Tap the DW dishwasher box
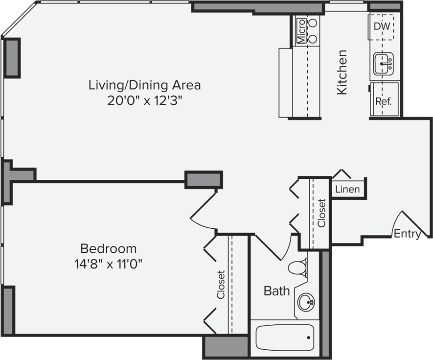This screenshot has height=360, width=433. pyautogui.click(x=382, y=26)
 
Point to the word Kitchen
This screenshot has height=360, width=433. pyautogui.click(x=342, y=72)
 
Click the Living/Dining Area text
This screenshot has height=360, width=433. pyautogui.click(x=144, y=85)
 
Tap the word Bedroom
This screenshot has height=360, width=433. pyautogui.click(x=108, y=248)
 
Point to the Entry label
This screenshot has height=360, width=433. pyautogui.click(x=407, y=234)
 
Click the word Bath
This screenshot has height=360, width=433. pyautogui.click(x=276, y=291)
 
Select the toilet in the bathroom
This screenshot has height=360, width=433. pyautogui.click(x=297, y=267)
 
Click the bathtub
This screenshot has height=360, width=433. pyautogui.click(x=284, y=337)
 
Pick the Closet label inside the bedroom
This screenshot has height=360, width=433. pyautogui.click(x=221, y=285)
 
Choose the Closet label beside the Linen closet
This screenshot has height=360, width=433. pyautogui.click(x=321, y=213)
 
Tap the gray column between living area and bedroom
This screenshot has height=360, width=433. pyautogui.click(x=204, y=179)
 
